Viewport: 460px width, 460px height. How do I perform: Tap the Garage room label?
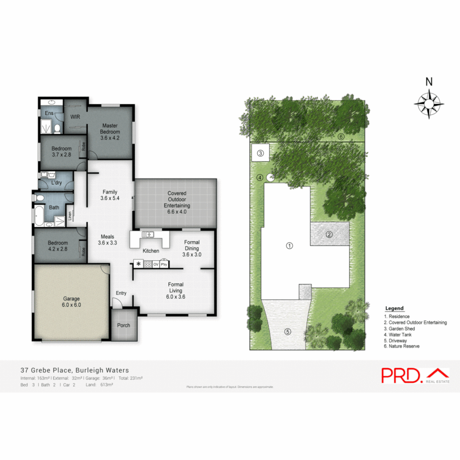coord(72,302)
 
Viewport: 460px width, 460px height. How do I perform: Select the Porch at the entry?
coord(124,325)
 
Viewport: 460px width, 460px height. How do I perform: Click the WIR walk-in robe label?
coord(75,116)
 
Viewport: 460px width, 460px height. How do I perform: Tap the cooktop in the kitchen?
coord(148,264)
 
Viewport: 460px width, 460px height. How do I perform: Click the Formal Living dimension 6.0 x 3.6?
coord(175,296)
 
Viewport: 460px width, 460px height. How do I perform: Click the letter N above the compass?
coord(429,82)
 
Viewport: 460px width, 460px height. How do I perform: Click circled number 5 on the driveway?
coord(287,331)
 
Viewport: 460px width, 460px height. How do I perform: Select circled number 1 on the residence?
coord(289,246)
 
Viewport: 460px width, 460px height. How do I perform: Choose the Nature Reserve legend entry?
coord(402,346)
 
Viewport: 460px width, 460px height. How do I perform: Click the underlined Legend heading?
coord(394,308)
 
